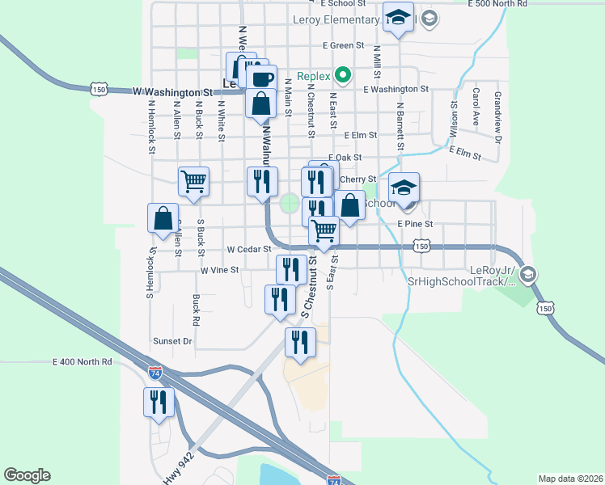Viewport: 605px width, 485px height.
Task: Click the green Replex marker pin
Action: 343,77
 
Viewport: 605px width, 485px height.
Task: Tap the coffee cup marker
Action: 261,79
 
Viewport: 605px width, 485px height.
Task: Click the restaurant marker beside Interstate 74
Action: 159,402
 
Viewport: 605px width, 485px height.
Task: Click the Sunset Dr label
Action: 172,341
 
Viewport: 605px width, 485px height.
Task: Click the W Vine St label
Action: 220,269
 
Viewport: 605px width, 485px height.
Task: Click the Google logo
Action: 27,475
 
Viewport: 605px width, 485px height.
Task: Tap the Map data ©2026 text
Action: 570,479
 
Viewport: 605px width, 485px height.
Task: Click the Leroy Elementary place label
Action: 337,20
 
